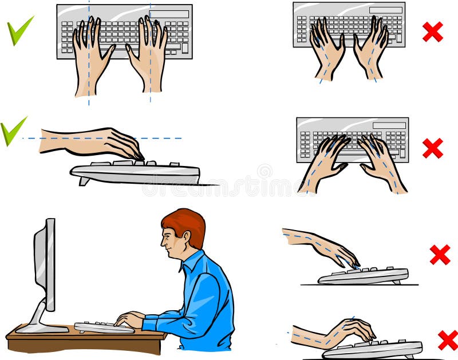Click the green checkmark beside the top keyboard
[x=20, y=31]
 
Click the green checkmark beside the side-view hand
[x=13, y=130]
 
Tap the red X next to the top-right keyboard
[x=432, y=32]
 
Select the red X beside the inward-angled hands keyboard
[x=432, y=148]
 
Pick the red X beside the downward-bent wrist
[x=440, y=255]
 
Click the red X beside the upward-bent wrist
[x=447, y=340]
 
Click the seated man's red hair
[x=186, y=223]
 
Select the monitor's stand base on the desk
[x=40, y=328]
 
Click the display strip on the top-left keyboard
[x=170, y=14]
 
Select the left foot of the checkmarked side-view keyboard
[x=84, y=181]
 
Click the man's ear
[x=182, y=236]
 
